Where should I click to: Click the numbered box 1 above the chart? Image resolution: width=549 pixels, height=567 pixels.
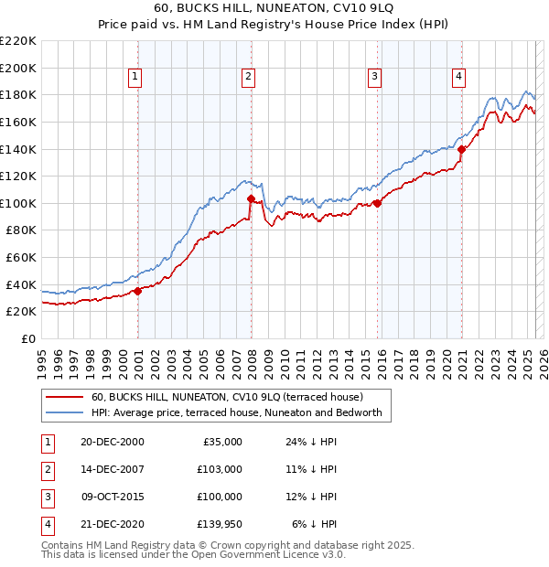(135, 77)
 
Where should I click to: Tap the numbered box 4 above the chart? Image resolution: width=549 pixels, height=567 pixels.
(457, 77)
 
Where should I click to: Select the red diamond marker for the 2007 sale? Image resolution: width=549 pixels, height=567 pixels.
(251, 198)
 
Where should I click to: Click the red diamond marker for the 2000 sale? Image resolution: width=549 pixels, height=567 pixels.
(138, 291)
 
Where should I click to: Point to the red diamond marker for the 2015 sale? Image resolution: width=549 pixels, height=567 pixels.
(377, 203)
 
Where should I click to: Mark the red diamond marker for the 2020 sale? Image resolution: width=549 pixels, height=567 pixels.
(462, 149)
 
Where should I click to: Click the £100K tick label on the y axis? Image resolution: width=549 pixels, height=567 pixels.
(18, 203)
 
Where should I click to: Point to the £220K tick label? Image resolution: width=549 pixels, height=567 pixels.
(18, 41)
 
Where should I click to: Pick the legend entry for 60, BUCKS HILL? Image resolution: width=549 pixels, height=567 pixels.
(228, 397)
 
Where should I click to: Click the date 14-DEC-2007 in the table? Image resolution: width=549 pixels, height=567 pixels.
(113, 469)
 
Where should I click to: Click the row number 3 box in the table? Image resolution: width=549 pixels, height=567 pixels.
(45, 497)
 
